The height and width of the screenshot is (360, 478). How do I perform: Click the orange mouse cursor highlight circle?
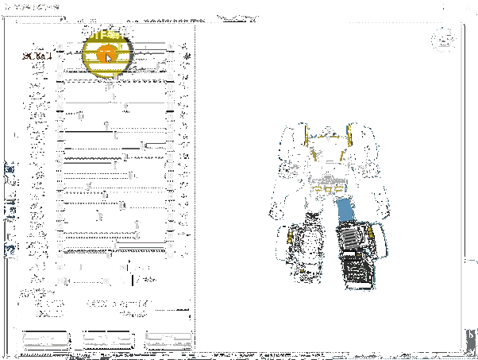(x=106, y=54)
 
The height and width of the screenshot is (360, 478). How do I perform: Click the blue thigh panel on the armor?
(x=345, y=211)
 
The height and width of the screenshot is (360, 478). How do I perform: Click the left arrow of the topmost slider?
(x=60, y=45)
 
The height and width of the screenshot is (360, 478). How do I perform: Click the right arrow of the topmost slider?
(x=171, y=45)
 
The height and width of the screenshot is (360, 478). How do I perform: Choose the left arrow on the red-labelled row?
(x=60, y=56)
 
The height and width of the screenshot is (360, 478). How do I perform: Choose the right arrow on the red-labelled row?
(x=171, y=56)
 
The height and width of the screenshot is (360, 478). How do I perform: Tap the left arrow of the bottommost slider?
(x=60, y=280)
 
